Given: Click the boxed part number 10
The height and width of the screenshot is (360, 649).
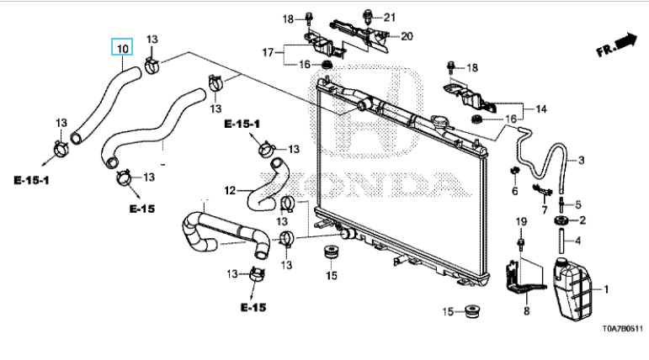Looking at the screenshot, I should pos(122,47).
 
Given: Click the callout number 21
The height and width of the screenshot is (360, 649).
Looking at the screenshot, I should pos(389,17).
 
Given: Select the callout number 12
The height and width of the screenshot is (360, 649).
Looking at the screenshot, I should pos(229,190).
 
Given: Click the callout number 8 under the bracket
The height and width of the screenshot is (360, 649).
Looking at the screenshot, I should pos(527,312).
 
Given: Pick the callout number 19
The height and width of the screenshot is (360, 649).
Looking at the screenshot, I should pos(521,221).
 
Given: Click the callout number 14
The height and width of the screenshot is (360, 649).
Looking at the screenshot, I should pos(541,109).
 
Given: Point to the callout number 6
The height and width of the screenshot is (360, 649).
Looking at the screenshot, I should pos(514,191).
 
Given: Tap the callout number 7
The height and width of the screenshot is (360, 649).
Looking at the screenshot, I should pos(544,209).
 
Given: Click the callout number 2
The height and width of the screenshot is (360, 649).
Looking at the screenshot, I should pos(581,220).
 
